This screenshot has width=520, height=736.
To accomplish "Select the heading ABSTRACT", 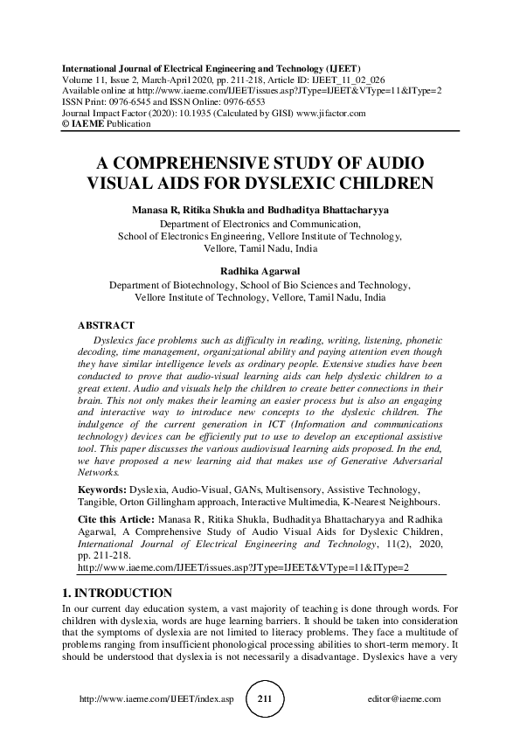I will (x=106, y=325).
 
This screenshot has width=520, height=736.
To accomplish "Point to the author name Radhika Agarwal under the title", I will (x=260, y=270).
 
